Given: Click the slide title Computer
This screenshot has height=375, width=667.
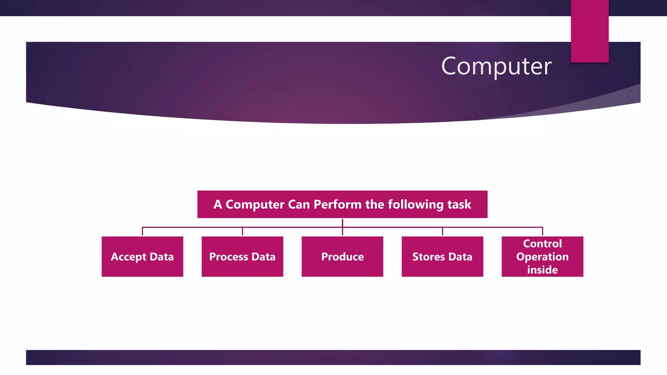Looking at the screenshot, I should (496, 66).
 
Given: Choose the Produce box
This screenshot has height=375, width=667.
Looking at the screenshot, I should (342, 257).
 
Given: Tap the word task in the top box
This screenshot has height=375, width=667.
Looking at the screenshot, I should (459, 204).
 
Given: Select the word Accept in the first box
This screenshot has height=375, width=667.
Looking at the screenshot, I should (128, 257).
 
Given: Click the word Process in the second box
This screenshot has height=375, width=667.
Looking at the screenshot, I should (229, 257).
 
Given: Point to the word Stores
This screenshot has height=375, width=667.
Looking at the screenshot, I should (428, 257).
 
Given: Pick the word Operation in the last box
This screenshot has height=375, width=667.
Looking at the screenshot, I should (542, 257).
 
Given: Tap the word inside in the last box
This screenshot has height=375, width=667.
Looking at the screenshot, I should (542, 270).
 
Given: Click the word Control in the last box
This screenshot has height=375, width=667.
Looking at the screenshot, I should (542, 243).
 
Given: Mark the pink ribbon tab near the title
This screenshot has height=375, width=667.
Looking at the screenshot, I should (589, 31).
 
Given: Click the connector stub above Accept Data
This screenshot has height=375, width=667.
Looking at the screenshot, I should (142, 231).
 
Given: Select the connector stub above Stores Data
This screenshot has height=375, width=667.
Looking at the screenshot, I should (442, 231).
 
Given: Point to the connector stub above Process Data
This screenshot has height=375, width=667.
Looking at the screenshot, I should (242, 231).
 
